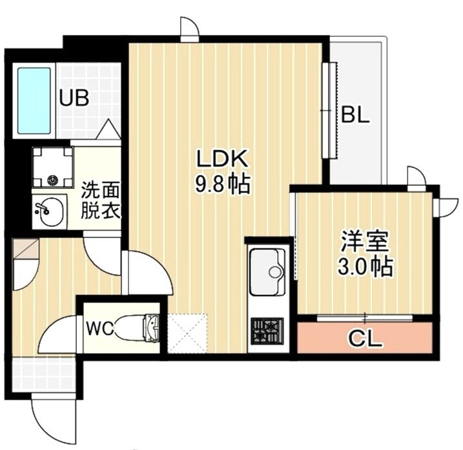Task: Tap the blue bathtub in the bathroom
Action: pyautogui.click(x=34, y=100)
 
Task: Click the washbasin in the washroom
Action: pyautogui.click(x=48, y=211)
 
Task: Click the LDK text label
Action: pyautogui.click(x=222, y=160)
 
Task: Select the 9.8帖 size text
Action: pyautogui.click(x=222, y=186)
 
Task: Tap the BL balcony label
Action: pyautogui.click(x=355, y=116)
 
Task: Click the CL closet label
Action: pyautogui.click(x=365, y=337)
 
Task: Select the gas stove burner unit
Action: pyautogui.click(x=267, y=332)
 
